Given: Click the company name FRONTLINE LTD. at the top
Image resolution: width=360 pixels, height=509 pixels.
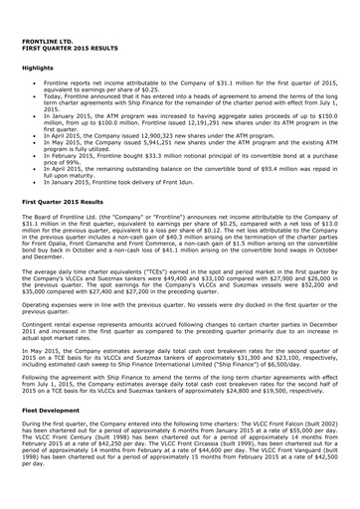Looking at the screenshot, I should (48, 38).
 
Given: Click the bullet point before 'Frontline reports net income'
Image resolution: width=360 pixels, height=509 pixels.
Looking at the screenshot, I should (34, 83).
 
